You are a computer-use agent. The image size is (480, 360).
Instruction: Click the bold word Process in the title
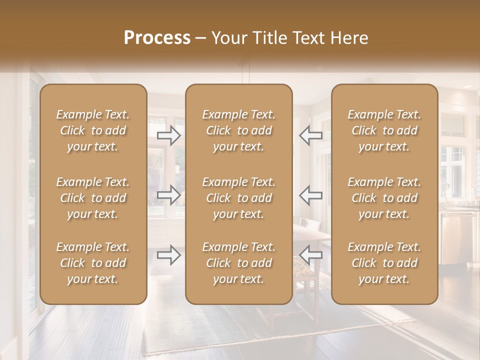[x=157, y=38]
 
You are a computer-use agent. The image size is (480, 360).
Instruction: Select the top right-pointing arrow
[x=169, y=135]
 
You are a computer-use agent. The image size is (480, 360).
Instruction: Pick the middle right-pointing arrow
[x=169, y=195]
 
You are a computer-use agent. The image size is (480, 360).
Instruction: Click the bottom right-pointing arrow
[x=169, y=255]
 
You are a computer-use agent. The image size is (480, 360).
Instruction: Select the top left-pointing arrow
[x=311, y=135]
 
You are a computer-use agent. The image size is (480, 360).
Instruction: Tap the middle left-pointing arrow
[x=311, y=195]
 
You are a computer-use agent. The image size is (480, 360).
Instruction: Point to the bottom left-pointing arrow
[x=311, y=255]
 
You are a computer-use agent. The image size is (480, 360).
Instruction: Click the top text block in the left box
[x=93, y=130]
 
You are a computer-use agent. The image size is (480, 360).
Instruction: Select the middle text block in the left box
[x=93, y=198]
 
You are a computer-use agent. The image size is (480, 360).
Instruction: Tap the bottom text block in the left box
[x=93, y=263]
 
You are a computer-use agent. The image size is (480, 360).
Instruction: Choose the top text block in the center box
[x=238, y=130]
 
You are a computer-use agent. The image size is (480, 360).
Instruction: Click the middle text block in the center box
[x=238, y=198]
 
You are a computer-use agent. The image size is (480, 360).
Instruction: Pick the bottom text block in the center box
[x=238, y=263]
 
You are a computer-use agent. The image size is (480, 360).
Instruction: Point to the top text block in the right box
[x=384, y=130]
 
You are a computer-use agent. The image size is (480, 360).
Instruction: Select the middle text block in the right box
[x=384, y=198]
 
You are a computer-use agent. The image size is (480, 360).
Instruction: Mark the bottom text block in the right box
[x=384, y=263]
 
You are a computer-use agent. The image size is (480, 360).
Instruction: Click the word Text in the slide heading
[x=309, y=38]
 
